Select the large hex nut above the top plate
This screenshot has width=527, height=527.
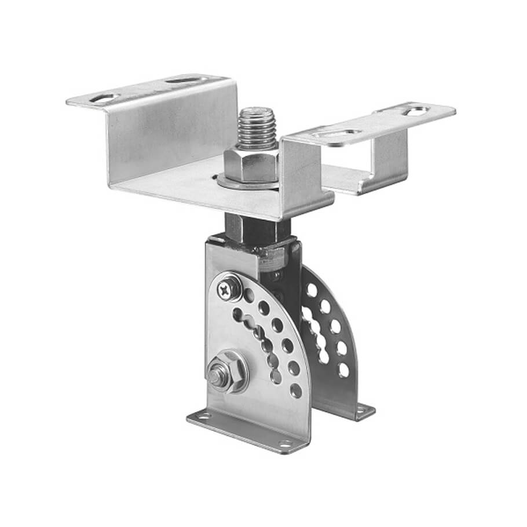(251, 164)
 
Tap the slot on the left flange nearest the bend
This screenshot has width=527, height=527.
(181, 80)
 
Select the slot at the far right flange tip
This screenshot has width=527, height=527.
(416, 109)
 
